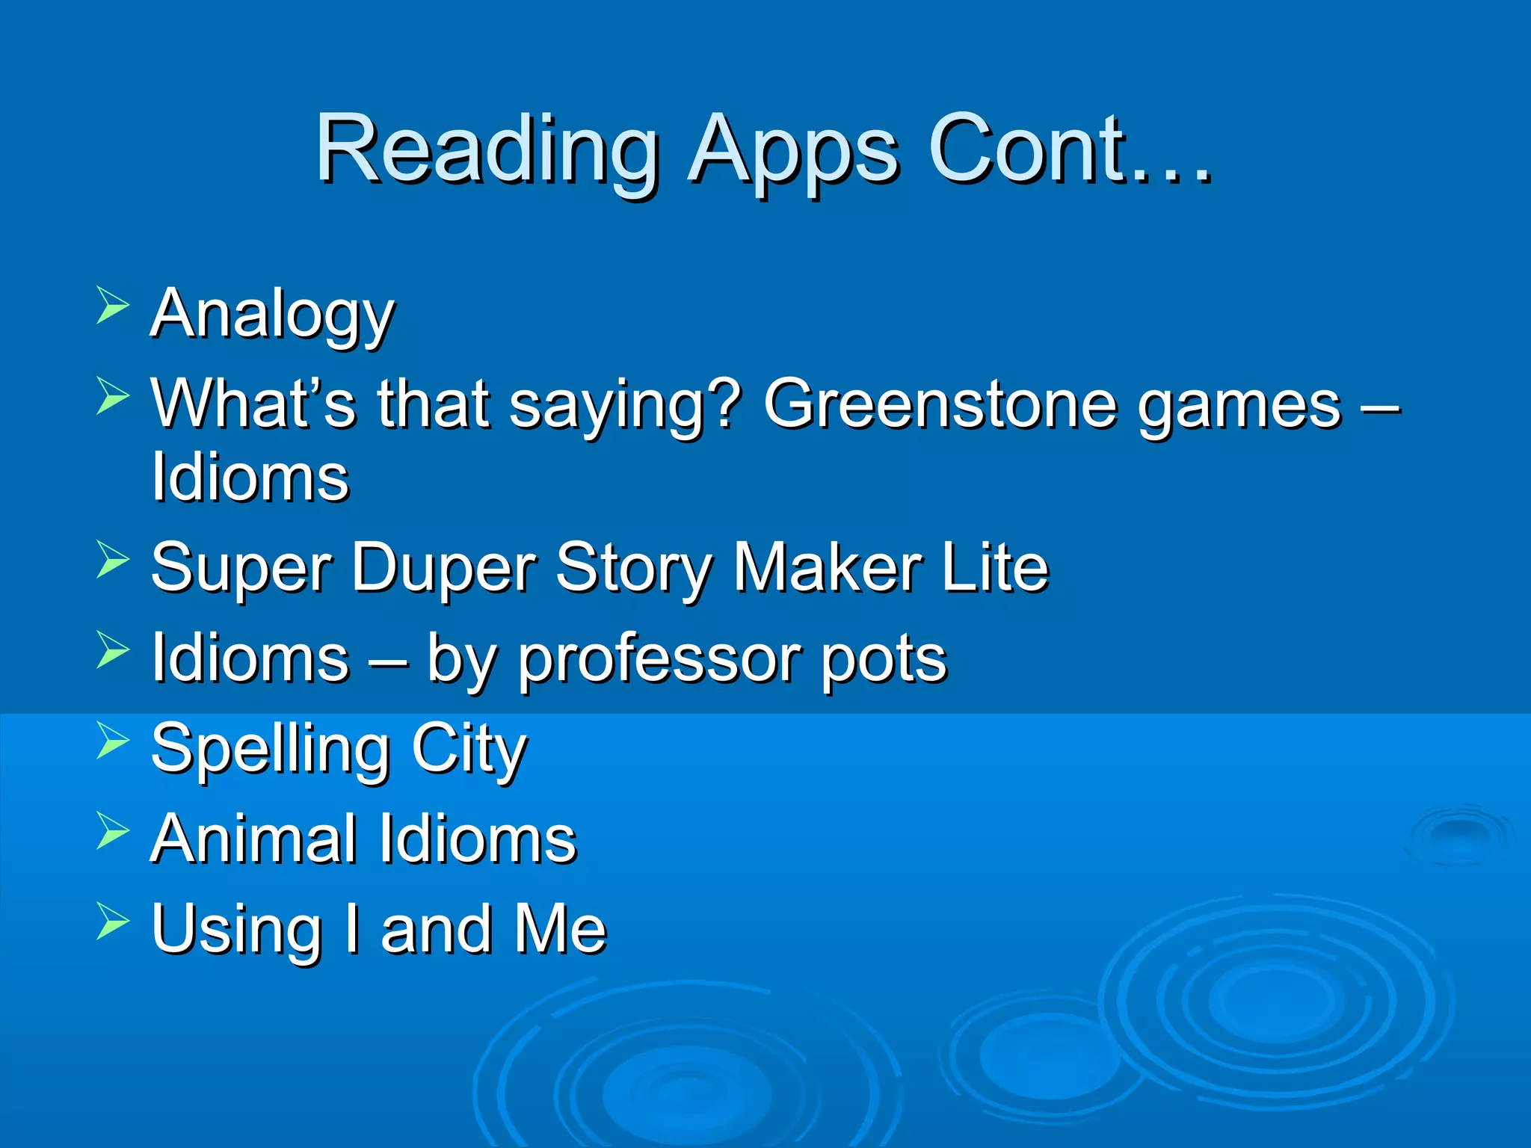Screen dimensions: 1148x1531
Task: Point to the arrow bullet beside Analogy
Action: [x=113, y=306]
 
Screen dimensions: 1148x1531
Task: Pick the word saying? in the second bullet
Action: [x=625, y=404]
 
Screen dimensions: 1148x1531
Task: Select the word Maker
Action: [x=826, y=568]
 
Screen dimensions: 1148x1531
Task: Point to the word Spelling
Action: [x=270, y=750]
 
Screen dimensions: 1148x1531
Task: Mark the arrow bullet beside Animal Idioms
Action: [x=113, y=831]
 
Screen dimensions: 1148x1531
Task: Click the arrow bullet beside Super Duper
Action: [x=113, y=561]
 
